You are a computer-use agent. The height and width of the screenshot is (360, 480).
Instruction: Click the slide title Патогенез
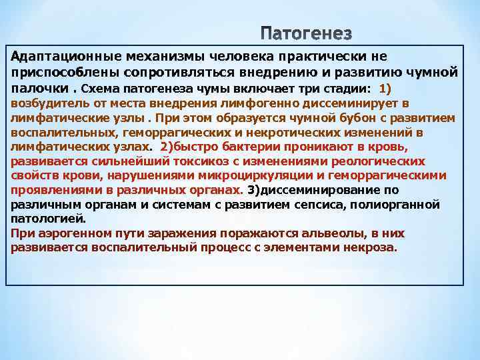pos(306,33)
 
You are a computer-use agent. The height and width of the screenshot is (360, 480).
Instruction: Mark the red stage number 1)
pos(389,89)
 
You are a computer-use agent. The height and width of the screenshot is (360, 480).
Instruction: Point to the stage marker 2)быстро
pos(185,147)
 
